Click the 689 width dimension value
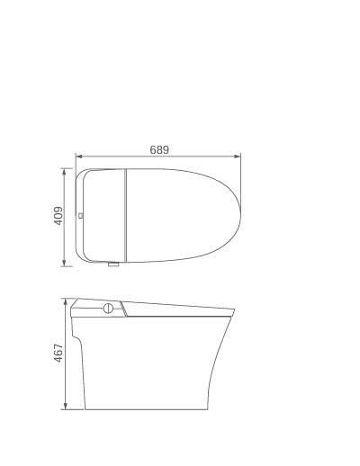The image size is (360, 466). [x=159, y=149]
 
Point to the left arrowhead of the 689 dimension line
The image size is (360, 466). [x=77, y=157]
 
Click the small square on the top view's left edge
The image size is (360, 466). [x=82, y=216]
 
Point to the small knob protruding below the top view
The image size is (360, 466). [x=112, y=265]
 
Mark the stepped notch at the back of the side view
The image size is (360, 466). [x=79, y=340]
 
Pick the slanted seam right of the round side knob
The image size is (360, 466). [x=123, y=309]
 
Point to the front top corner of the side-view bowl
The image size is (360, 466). [x=232, y=311]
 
